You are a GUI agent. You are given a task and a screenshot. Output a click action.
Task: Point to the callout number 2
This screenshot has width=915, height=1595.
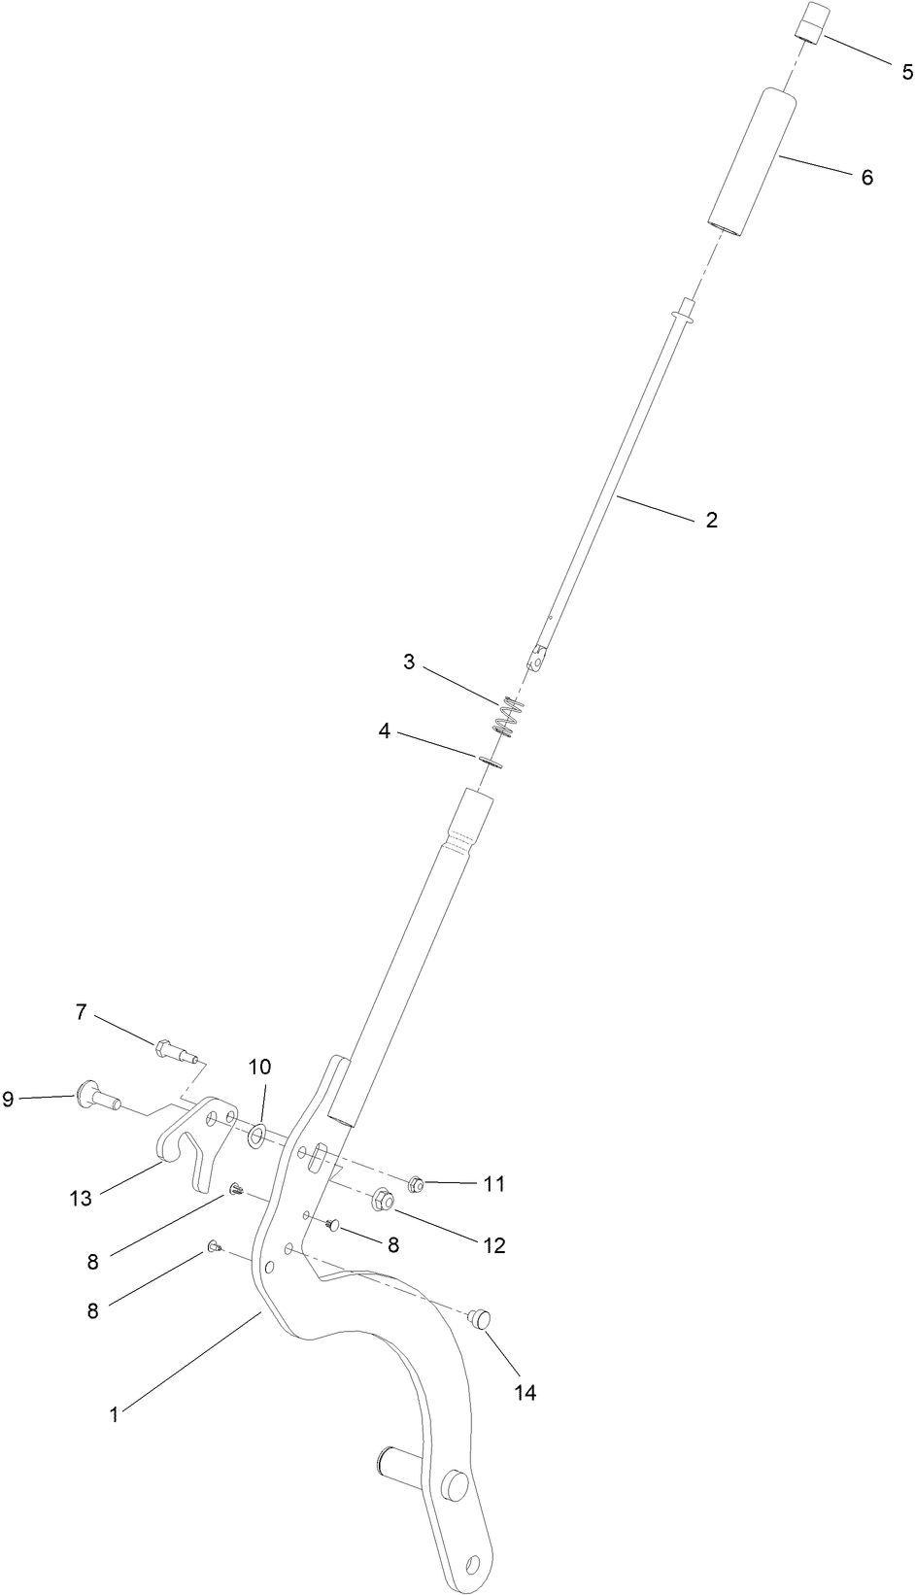711,520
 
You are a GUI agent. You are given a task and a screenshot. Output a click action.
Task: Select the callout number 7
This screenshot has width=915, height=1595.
81,1012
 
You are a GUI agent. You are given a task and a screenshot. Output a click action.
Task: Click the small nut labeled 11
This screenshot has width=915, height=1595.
415,1184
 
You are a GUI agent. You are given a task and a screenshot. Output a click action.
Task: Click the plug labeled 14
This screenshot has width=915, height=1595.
479,1318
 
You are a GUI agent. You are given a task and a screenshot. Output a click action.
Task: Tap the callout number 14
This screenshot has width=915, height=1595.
525,1393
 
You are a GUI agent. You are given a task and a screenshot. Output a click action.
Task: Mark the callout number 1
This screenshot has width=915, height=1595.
114,1415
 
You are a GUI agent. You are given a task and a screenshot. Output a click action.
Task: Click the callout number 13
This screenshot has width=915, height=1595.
80,1199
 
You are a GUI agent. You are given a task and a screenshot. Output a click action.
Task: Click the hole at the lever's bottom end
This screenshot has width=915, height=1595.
473,1564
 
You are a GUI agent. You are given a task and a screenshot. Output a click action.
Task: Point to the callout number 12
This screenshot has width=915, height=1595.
493,1245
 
